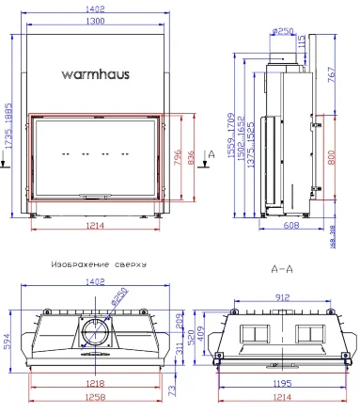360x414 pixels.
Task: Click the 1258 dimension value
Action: point(92,400)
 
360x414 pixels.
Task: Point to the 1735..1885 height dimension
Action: point(9,122)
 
